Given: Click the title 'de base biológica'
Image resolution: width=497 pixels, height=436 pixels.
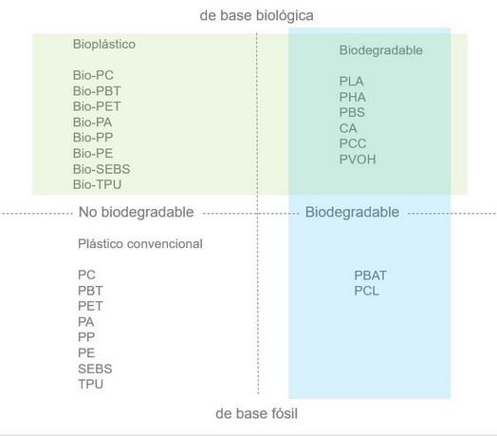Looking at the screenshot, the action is (x=257, y=16).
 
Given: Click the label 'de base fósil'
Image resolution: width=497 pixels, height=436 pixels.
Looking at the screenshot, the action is (x=256, y=414).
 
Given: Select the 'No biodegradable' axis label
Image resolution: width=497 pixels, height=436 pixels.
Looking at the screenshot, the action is (x=136, y=212).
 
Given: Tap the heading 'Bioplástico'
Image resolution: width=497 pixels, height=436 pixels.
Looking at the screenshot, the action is (x=104, y=44).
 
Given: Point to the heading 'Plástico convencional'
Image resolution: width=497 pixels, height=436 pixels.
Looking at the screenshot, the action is (x=140, y=244).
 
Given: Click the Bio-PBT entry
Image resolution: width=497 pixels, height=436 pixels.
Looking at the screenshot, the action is (x=97, y=91).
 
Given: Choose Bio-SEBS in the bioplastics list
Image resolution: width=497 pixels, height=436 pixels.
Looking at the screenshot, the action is (x=101, y=169).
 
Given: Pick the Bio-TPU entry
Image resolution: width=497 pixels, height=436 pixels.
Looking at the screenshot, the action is (x=97, y=184).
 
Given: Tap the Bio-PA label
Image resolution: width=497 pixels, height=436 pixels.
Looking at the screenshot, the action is (x=92, y=123).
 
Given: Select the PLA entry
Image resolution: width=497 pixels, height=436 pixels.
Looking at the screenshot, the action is (x=351, y=82).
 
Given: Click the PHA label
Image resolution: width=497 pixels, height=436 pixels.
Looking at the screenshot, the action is (x=353, y=97).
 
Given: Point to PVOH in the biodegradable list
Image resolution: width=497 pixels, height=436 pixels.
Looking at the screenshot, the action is (x=358, y=160).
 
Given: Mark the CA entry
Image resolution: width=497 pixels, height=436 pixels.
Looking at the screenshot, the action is (x=348, y=128).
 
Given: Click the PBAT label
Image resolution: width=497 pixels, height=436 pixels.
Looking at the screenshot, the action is (x=370, y=275).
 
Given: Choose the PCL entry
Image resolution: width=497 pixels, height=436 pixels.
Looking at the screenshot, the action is (x=366, y=291).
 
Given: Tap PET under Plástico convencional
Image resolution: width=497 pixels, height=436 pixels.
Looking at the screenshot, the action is (x=90, y=306).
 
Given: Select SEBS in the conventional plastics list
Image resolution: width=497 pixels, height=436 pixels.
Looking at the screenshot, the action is (x=95, y=369).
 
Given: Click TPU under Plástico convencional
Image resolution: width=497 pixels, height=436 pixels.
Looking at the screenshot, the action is (x=90, y=385).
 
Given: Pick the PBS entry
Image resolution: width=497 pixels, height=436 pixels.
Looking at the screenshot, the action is (x=352, y=112).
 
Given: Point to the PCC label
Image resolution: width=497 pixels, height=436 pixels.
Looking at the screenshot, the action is (x=353, y=143).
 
